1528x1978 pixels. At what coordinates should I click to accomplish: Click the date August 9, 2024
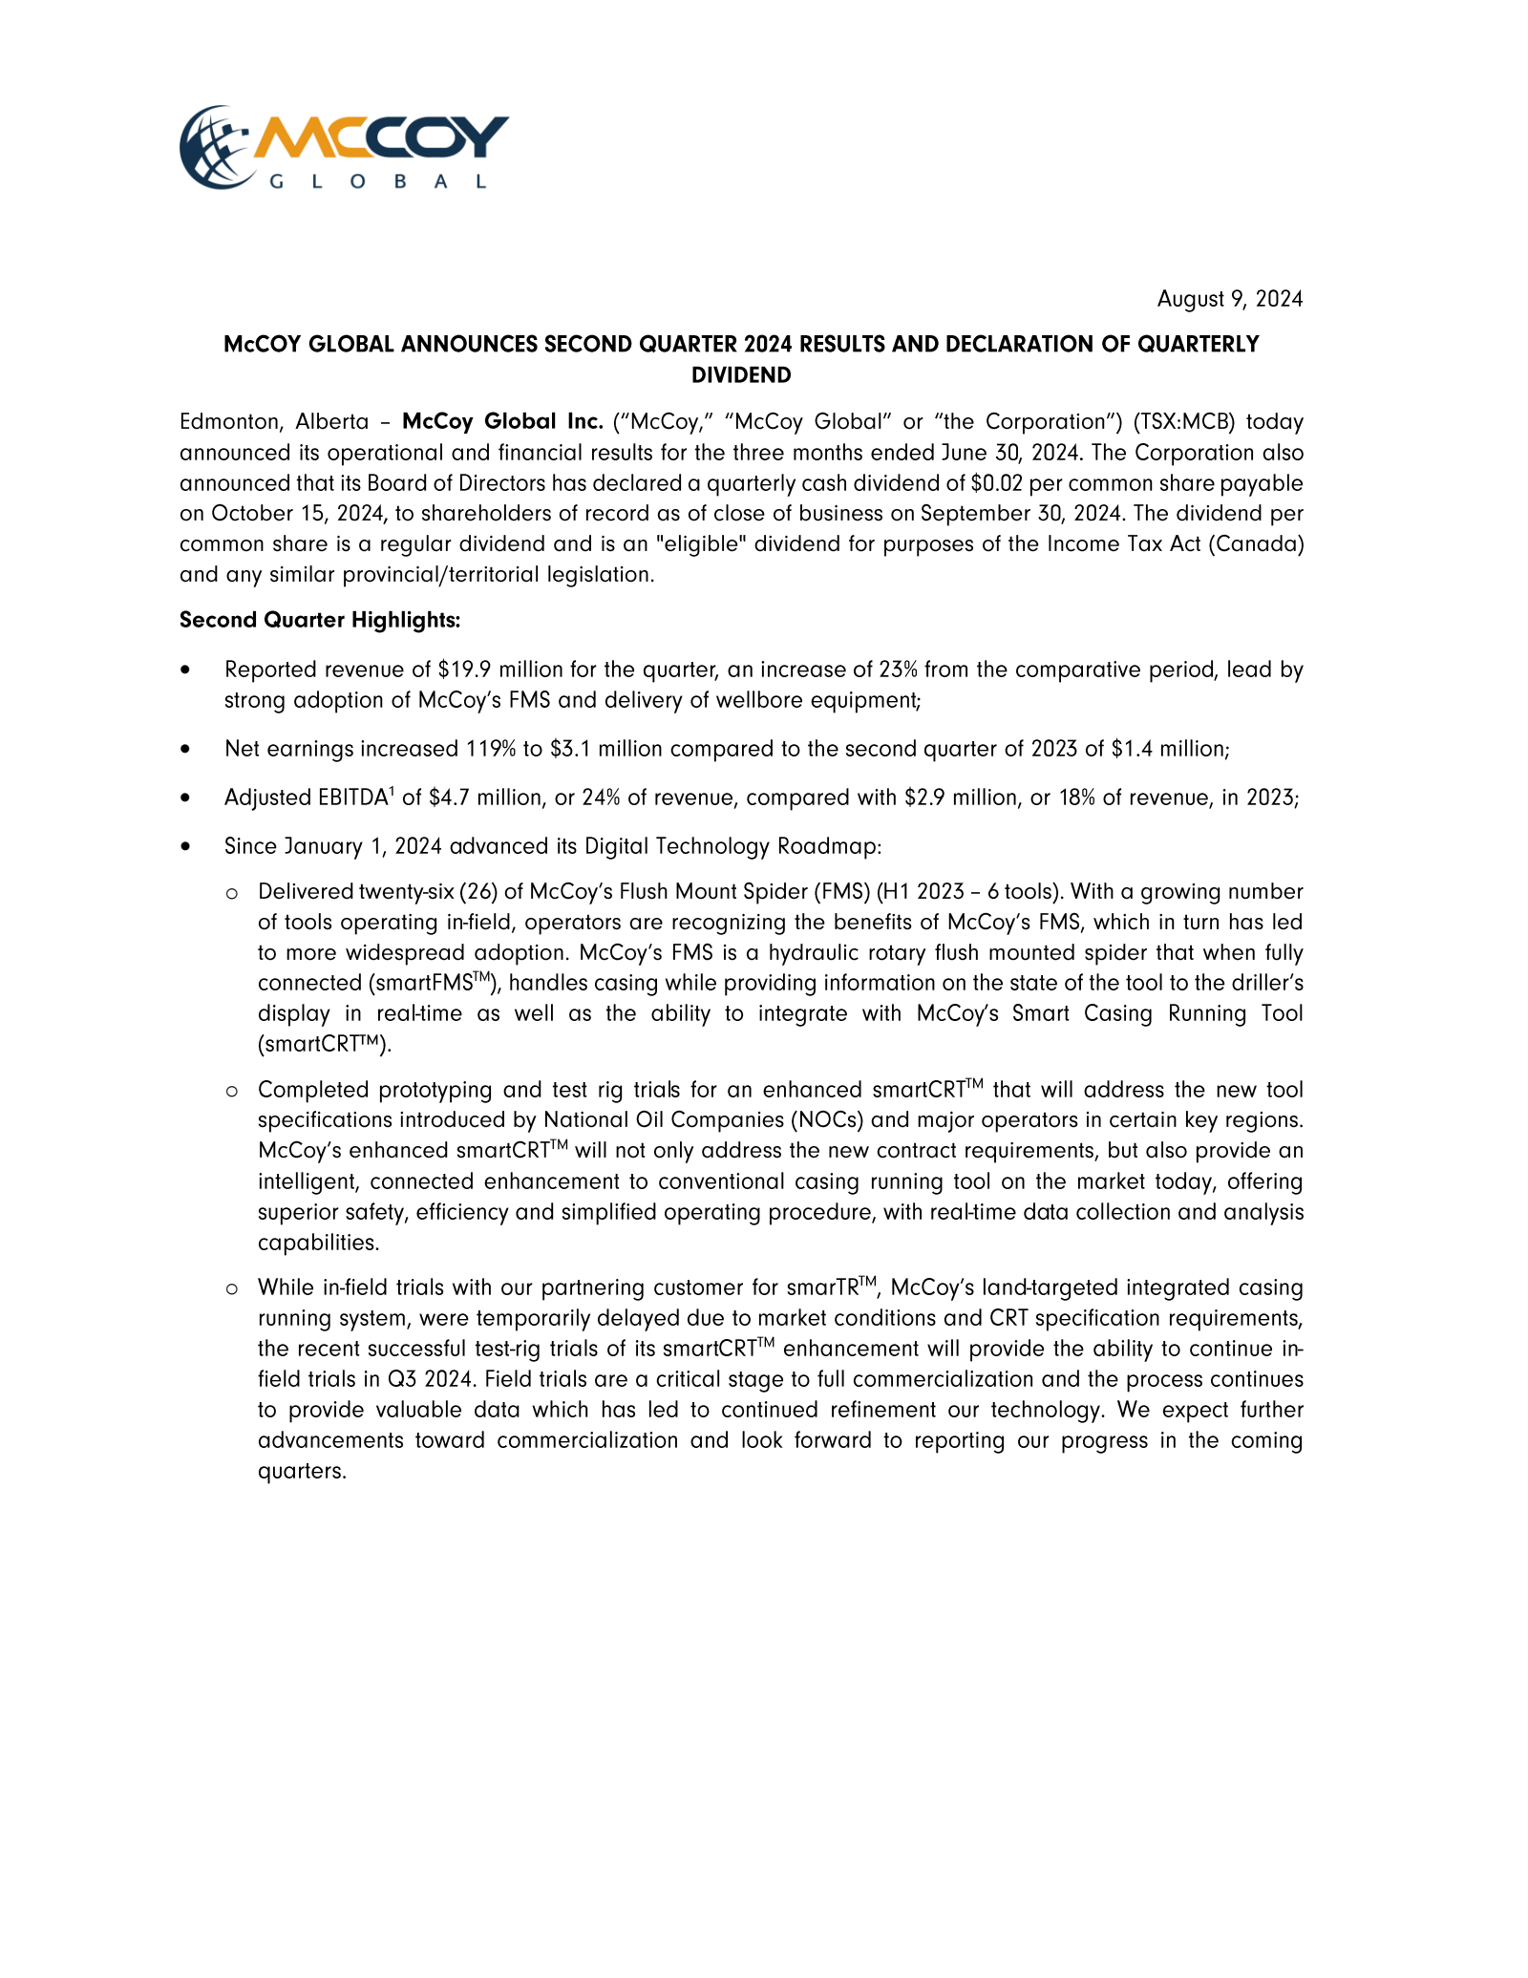coord(1229,299)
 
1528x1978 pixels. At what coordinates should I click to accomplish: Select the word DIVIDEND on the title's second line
coord(741,375)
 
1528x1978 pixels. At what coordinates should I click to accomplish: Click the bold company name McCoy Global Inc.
coord(502,421)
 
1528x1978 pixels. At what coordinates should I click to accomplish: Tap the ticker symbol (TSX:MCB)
coord(1180,421)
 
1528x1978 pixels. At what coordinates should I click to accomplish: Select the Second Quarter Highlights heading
coord(320,620)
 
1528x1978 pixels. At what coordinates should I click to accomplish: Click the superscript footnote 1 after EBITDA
coord(392,791)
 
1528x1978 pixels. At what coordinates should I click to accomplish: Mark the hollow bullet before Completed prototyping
coord(231,1091)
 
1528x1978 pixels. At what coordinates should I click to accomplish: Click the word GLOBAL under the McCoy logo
coord(378,181)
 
